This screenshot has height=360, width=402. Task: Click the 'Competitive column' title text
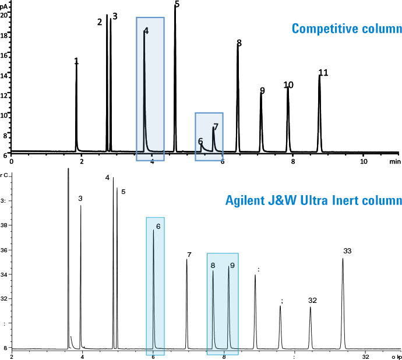pos(347,29)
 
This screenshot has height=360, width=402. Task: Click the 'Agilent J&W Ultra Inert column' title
pos(313,202)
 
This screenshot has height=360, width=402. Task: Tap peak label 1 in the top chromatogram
pos(76,61)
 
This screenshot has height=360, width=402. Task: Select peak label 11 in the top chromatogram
pos(323,73)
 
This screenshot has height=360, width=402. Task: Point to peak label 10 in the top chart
pos(288,85)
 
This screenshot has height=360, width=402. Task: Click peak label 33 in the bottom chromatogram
pos(347,251)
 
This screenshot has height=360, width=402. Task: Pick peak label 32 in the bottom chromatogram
pos(312,301)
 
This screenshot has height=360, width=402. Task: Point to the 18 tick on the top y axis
pos(4,36)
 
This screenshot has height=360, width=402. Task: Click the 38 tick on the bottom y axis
pos(4,225)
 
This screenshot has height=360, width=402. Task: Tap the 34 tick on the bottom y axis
pos(4,274)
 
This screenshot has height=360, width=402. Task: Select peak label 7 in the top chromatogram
pos(216,126)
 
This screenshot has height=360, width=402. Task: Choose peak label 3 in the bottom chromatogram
pos(80,199)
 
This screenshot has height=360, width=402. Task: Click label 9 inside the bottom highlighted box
pos(232,266)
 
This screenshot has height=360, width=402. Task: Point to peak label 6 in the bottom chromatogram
pos(158,227)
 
